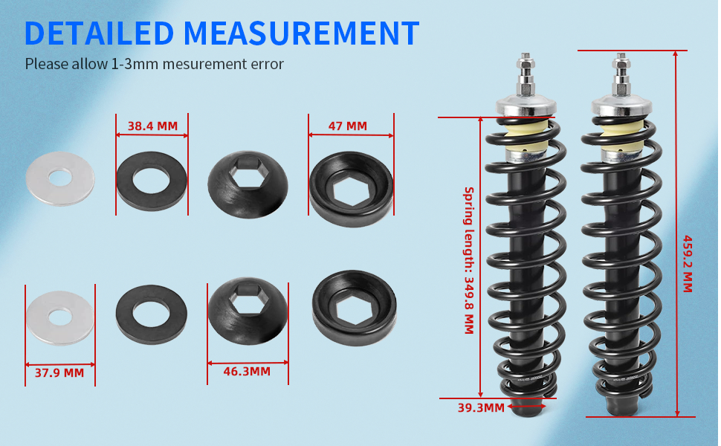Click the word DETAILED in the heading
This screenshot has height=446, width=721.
point(100,33)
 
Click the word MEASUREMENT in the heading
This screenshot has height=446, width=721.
point(301,33)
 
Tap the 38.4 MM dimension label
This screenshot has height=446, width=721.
point(152,126)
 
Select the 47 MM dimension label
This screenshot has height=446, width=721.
point(347,126)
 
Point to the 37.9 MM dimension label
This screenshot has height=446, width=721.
point(59,372)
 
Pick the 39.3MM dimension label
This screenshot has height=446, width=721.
point(481,407)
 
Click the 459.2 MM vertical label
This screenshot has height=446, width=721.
point(687,264)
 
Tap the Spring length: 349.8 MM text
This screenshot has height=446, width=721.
point(469,260)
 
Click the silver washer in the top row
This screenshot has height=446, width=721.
point(60,178)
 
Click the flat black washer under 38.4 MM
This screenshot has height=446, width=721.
point(152,181)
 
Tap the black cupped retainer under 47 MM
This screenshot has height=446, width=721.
point(351,190)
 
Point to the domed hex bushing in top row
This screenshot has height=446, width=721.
point(247,182)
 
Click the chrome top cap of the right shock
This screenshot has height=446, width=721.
point(621,105)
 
